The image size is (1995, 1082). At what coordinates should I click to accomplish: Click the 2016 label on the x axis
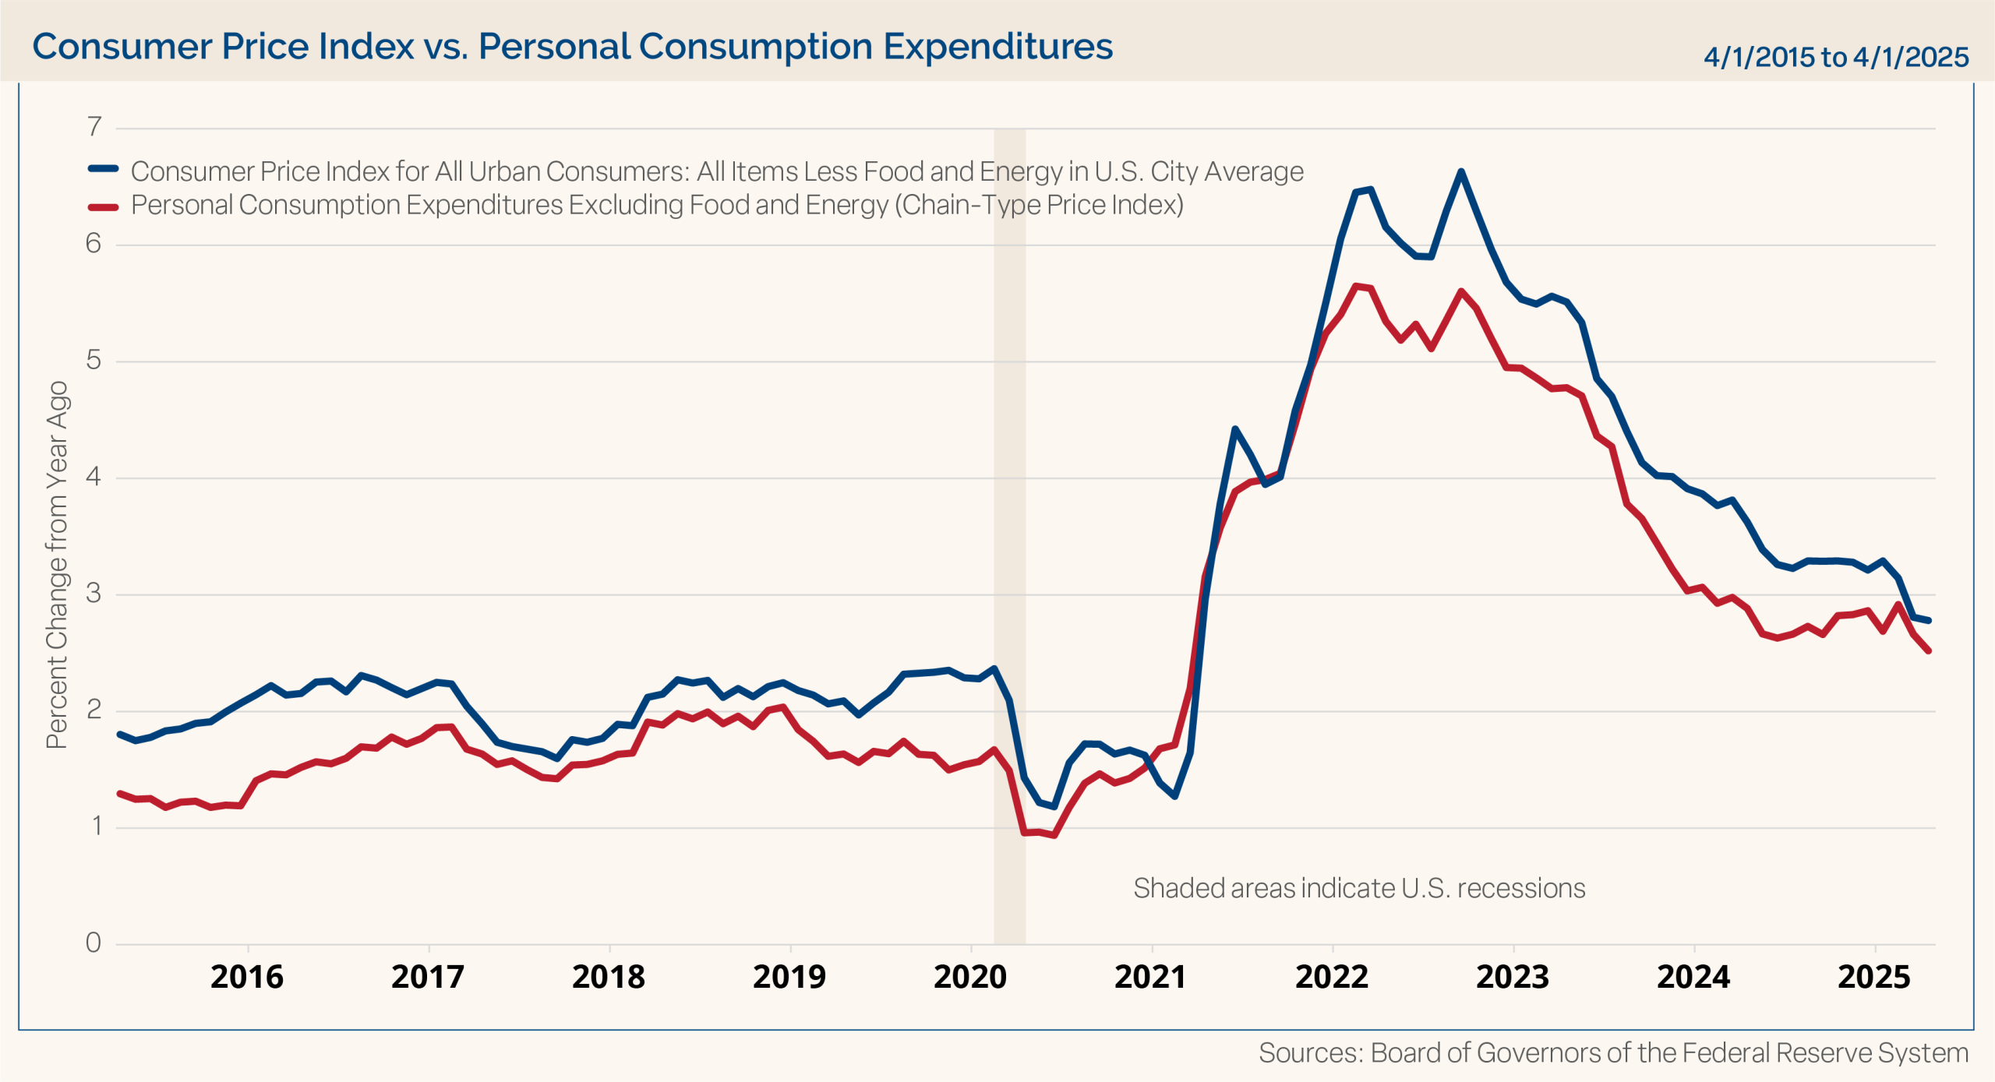point(247,977)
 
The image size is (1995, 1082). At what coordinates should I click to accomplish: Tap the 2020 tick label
point(970,977)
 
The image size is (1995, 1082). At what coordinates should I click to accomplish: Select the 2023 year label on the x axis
point(1513,977)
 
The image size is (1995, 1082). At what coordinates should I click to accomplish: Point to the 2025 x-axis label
point(1874,977)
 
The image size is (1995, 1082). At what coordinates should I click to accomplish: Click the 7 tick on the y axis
point(94,126)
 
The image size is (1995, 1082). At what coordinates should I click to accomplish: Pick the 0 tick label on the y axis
point(94,943)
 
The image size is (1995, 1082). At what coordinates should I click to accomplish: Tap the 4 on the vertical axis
point(94,476)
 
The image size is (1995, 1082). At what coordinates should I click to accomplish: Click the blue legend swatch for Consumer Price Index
point(103,169)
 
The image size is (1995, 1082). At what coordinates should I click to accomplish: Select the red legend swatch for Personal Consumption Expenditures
point(103,206)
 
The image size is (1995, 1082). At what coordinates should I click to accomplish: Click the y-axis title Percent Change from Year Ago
point(58,565)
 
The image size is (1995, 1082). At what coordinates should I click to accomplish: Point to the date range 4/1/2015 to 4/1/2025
point(1836,57)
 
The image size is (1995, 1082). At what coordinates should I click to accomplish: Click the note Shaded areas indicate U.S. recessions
point(1359,888)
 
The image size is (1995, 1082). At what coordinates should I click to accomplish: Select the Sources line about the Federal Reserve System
point(1613,1053)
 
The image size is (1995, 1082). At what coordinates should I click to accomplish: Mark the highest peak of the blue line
point(1461,171)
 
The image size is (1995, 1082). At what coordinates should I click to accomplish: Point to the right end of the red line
point(1929,651)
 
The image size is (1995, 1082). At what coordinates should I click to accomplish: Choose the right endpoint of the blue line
point(1929,621)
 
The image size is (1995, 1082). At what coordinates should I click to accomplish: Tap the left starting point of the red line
point(119,793)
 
